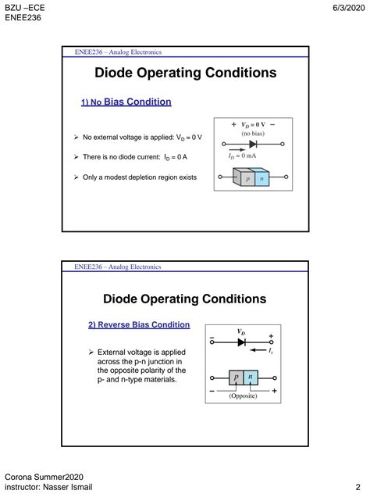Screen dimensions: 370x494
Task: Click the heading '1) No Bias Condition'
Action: [x=126, y=102]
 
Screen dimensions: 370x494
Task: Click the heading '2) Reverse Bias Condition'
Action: [x=138, y=324]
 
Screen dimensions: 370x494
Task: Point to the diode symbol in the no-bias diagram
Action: [x=253, y=145]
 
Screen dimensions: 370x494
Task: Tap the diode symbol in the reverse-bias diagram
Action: [x=242, y=342]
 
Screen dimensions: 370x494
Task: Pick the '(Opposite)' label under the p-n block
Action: [x=243, y=396]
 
